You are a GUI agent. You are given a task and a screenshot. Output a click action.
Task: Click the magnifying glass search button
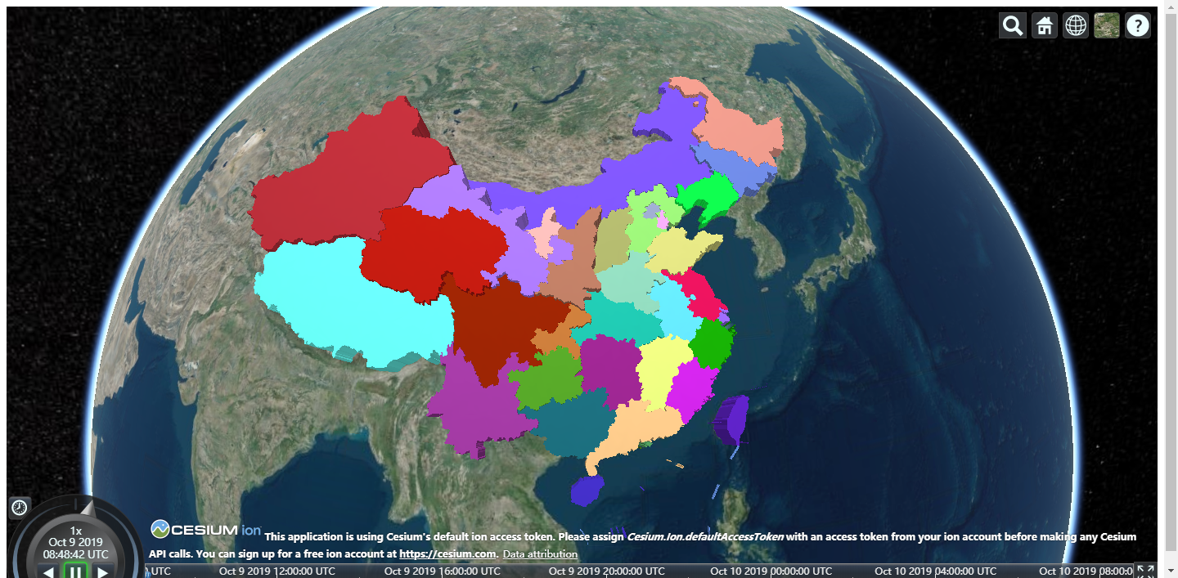pos(1013,25)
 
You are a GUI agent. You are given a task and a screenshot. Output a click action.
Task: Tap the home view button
pos(1044,25)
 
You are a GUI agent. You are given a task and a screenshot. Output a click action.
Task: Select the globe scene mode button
pos(1076,25)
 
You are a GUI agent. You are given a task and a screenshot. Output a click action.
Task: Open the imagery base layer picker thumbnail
pos(1107,25)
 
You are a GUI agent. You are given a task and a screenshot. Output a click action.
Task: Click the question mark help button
pos(1138,25)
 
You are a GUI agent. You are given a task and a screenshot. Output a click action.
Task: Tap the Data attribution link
pos(540,554)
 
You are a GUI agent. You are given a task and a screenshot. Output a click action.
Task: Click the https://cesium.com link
pos(447,554)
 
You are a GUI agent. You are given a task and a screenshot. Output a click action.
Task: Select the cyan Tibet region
pos(344,302)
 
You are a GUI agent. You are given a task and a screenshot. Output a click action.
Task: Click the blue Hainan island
pos(586,491)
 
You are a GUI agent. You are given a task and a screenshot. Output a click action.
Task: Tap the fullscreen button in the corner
pos(1145,571)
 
